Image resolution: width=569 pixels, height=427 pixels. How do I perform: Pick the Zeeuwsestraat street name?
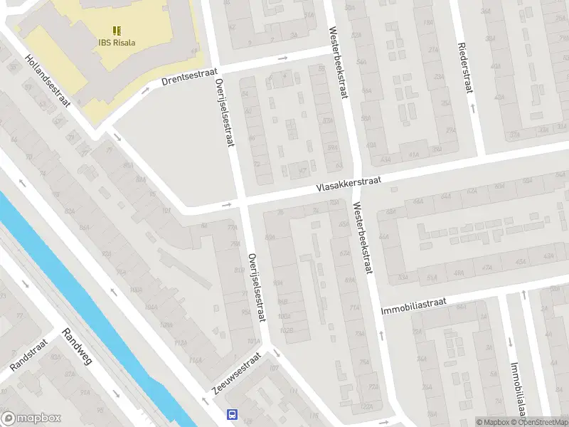(236, 373)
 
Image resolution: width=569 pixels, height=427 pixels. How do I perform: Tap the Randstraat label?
(28, 354)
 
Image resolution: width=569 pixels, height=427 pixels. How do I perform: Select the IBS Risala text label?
(117, 42)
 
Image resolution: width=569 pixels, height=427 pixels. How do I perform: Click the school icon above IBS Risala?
(117, 31)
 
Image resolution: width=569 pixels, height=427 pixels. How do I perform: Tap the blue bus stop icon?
(232, 415)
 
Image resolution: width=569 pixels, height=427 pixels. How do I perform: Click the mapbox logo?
(30, 418)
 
